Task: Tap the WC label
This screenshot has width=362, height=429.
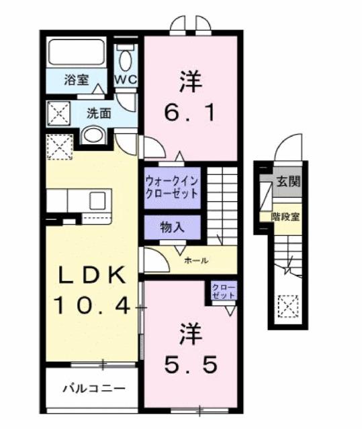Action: (x=126, y=80)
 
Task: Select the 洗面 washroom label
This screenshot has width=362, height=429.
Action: (x=98, y=113)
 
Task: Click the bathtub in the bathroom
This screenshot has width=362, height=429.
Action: (x=76, y=52)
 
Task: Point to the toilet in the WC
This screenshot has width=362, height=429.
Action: (x=125, y=59)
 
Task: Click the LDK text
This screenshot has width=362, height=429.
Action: (x=91, y=275)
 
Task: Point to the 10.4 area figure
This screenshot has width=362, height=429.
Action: (x=91, y=306)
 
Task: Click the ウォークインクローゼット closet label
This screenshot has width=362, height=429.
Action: (x=172, y=186)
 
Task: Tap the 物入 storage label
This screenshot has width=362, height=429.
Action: (x=172, y=227)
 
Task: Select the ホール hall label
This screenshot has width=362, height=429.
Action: (x=195, y=260)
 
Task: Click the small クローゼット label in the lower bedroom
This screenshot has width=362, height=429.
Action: (x=222, y=292)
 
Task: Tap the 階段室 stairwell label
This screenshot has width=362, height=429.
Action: (x=286, y=216)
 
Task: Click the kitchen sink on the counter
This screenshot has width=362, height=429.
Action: (x=97, y=200)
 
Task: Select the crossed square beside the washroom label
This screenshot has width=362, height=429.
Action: (x=58, y=114)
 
